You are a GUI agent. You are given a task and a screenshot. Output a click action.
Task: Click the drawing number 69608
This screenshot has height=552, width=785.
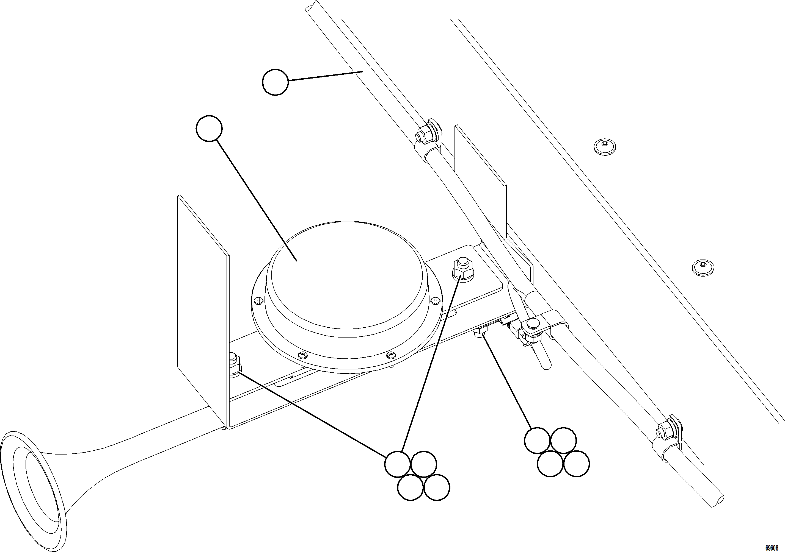click(771, 548)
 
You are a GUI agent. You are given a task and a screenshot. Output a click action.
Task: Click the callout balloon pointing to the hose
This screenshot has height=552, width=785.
click(275, 82)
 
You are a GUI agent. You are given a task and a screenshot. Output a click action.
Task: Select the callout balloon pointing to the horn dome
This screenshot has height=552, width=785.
click(209, 128)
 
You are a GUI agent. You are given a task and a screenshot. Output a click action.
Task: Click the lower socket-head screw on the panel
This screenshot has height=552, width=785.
click(703, 267)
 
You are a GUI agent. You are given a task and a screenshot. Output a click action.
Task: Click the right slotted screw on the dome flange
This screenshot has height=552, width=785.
click(435, 300)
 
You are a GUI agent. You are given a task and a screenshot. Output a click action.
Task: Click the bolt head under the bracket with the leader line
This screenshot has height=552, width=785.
click(480, 332)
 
